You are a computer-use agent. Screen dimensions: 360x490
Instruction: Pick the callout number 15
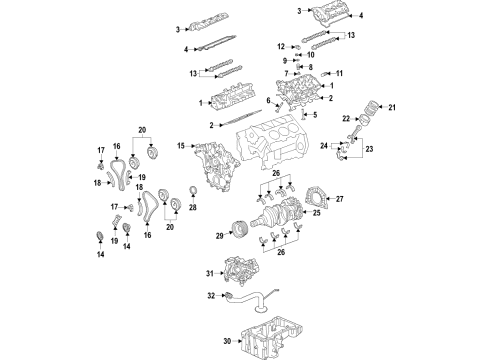pyautogui.click(x=181, y=146)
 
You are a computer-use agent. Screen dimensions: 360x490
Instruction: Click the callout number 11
pyautogui.click(x=339, y=73)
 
